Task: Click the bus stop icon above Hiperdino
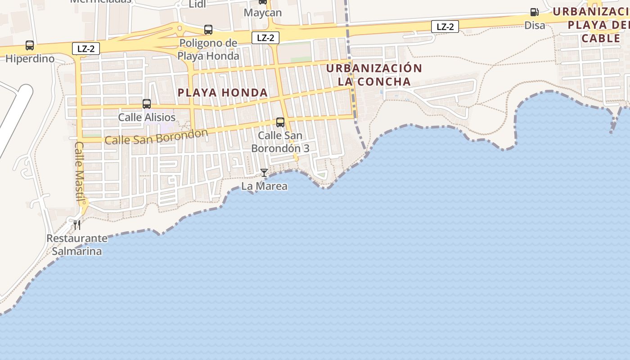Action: pyautogui.click(x=30, y=45)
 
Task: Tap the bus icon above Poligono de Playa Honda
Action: pyautogui.click(x=208, y=30)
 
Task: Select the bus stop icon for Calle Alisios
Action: pyautogui.click(x=147, y=104)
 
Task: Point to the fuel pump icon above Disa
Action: pyautogui.click(x=534, y=12)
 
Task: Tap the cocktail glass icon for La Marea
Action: pyautogui.click(x=264, y=173)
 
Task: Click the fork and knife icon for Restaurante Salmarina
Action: pyautogui.click(x=77, y=224)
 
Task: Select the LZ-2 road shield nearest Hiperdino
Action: pyautogui.click(x=85, y=49)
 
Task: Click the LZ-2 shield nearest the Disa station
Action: pyautogui.click(x=445, y=27)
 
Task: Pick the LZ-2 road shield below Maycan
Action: pyautogui.click(x=265, y=38)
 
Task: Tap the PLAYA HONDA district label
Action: pyautogui.click(x=223, y=93)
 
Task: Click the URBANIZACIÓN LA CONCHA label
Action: pyautogui.click(x=374, y=75)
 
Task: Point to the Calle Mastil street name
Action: pyautogui.click(x=80, y=172)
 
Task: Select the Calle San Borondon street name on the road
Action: pyautogui.click(x=156, y=137)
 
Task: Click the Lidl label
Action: pyautogui.click(x=197, y=4)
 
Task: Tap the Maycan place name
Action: pyautogui.click(x=263, y=13)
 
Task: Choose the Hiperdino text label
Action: pyautogui.click(x=30, y=59)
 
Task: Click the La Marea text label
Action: pyautogui.click(x=264, y=186)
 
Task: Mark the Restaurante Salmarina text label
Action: pyautogui.click(x=77, y=245)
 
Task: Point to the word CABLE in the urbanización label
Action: pyautogui.click(x=601, y=38)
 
